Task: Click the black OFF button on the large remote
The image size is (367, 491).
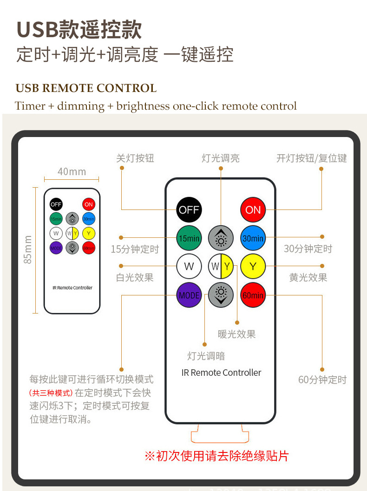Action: [x=189, y=209]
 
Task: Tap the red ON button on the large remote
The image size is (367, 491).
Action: [x=253, y=209]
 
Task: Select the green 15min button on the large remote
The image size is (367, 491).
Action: [x=189, y=238]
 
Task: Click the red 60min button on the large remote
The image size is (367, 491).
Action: [x=253, y=295]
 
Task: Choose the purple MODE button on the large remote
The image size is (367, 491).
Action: [x=189, y=295]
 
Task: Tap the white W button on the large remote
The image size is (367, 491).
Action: [x=189, y=267]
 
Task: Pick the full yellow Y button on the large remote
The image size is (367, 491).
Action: [x=253, y=267]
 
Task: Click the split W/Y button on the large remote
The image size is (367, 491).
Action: [x=221, y=267]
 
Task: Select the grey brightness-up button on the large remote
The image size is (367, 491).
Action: [x=221, y=238]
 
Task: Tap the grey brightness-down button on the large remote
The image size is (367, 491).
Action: [x=221, y=295]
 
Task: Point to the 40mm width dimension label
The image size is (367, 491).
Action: [x=72, y=172]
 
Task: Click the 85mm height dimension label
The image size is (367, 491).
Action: [x=28, y=249]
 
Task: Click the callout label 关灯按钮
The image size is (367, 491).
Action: [x=135, y=158]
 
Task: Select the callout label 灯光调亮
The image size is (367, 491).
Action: [x=221, y=158]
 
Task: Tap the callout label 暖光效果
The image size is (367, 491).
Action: [x=236, y=334]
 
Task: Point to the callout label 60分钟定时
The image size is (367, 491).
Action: [x=322, y=380]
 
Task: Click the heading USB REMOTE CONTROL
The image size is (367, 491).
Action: [x=86, y=88]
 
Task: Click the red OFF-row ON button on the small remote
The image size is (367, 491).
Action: [x=88, y=204]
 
